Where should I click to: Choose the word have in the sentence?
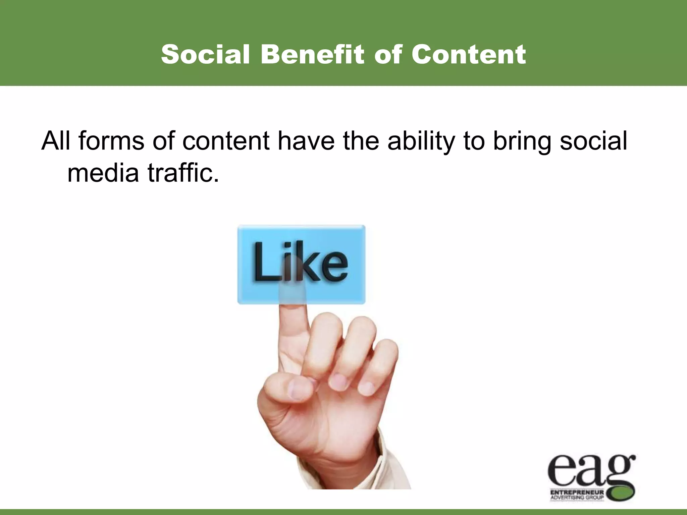pyautogui.click(x=307, y=141)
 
